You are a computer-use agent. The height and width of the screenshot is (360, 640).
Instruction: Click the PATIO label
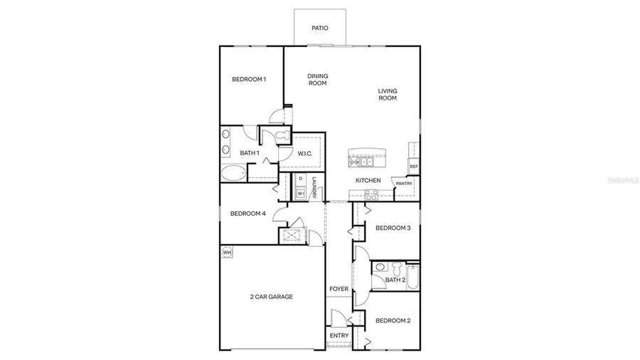320,28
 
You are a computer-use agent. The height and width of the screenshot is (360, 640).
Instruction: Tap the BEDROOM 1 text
249,79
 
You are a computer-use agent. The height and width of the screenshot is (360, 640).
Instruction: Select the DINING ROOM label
317,80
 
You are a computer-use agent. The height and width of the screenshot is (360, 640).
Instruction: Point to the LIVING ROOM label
387,94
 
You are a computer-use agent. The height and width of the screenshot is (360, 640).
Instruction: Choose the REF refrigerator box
413,166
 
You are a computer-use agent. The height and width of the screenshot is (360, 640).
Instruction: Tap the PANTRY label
404,183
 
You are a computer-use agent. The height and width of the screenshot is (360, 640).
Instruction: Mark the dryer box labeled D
301,179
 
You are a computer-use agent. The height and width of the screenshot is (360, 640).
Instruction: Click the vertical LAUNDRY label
314,187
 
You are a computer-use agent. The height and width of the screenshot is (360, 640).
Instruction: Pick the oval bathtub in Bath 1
233,172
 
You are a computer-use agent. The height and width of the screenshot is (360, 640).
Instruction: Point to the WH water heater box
228,252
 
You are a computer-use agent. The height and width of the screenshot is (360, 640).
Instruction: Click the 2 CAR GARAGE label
271,297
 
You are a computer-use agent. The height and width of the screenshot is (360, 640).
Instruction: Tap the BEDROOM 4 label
248,213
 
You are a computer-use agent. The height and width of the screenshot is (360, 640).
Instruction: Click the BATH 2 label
395,280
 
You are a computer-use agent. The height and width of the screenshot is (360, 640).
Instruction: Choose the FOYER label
338,289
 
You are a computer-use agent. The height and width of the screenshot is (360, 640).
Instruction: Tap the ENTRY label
338,336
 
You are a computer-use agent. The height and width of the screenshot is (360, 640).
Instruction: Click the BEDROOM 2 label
393,320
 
